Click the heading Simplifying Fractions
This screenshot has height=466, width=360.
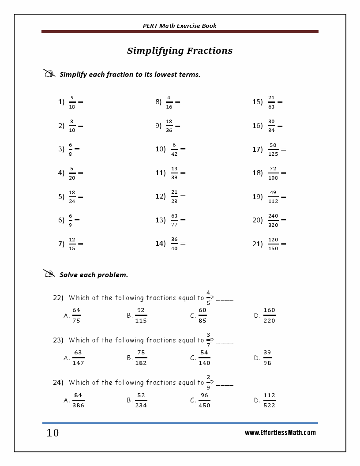point(180,51)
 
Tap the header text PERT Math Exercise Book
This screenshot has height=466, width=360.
point(180,26)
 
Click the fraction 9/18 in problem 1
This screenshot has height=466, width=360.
point(72,102)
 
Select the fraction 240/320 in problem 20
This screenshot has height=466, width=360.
point(273,220)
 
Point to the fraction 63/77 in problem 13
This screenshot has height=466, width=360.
point(174,220)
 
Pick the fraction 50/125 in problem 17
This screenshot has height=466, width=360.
point(273,149)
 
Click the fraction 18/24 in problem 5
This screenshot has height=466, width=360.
point(72,196)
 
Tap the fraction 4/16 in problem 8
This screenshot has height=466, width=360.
point(169,102)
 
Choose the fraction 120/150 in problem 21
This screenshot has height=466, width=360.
point(273,244)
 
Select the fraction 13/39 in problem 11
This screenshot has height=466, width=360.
point(174,173)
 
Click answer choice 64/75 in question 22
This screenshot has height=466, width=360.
point(76,316)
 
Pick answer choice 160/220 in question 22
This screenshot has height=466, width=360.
point(269,316)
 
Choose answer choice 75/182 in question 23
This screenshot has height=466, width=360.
point(141,358)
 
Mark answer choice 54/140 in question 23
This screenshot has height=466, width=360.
point(204,358)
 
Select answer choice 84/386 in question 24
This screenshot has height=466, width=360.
point(78,400)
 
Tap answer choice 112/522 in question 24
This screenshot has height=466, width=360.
point(269,400)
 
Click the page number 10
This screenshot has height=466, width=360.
point(52,433)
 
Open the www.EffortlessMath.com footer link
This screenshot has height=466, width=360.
point(280,433)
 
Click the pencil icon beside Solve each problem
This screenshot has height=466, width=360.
point(49,274)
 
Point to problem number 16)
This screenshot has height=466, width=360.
point(258,126)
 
